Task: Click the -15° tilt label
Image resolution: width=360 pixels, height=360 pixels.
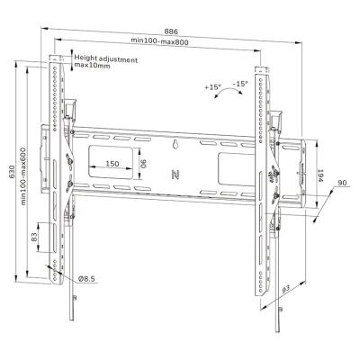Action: coord(240,85)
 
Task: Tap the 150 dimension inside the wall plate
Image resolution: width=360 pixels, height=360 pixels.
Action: coord(112,163)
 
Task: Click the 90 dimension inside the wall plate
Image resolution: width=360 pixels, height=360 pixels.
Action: coord(142,164)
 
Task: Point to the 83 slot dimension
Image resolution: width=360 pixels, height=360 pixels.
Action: coord(34,238)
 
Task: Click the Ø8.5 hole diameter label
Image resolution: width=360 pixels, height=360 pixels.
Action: coord(85,279)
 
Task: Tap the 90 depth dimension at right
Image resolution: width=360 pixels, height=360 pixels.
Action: coord(341,184)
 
